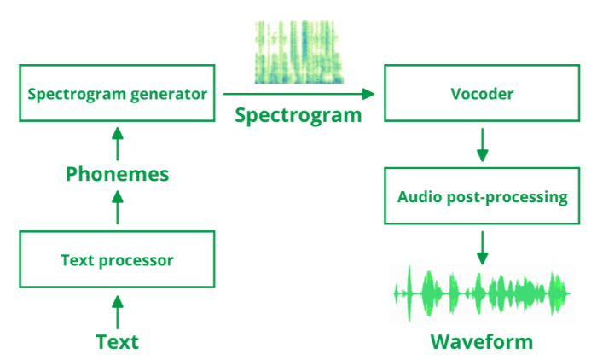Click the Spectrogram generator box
[117, 94]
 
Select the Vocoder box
[482, 94]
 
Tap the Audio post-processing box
[482, 197]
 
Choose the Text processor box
[117, 260]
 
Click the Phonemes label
[118, 175]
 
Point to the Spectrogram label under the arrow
[298, 114]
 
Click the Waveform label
[482, 342]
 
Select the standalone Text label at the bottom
[118, 342]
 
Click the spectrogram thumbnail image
[299, 52]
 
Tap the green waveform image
[482, 294]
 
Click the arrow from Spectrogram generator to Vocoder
[298, 94]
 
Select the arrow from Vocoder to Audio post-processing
[482, 145]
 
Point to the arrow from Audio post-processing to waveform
[482, 247]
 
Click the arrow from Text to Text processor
[118, 312]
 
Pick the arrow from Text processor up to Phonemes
[118, 208]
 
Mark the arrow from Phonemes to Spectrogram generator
[118, 143]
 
